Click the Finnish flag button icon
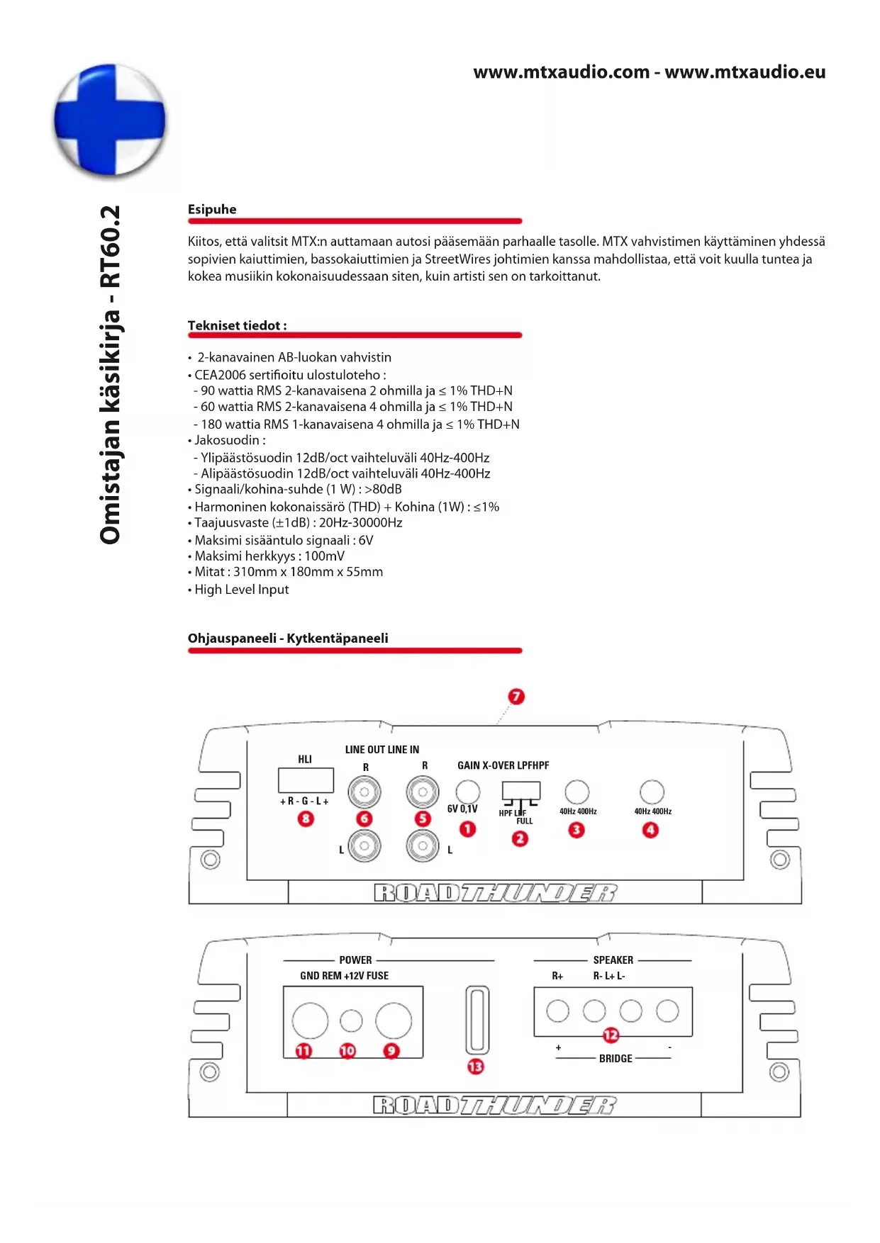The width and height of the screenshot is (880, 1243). (x=110, y=120)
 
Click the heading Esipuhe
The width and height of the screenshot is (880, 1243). (x=212, y=209)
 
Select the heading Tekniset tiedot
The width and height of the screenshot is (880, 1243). (x=237, y=325)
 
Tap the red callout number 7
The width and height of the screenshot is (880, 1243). (x=516, y=697)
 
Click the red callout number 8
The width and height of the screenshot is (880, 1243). (x=306, y=819)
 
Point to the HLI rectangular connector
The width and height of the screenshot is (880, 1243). (x=306, y=780)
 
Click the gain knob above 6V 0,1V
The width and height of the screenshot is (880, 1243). (x=467, y=792)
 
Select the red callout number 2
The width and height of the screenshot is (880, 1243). (x=520, y=838)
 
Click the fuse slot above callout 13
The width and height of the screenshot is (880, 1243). (x=477, y=1020)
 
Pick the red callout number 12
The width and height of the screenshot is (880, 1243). (x=611, y=1035)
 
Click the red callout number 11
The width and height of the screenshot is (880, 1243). (x=303, y=1050)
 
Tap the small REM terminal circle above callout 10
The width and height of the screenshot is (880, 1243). (x=351, y=1020)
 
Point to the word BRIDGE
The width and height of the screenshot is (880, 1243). (x=616, y=1058)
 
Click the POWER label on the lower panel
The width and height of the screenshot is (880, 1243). (x=355, y=960)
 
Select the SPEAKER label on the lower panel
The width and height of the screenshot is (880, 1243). (x=613, y=960)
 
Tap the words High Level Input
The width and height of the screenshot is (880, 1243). (x=242, y=590)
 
